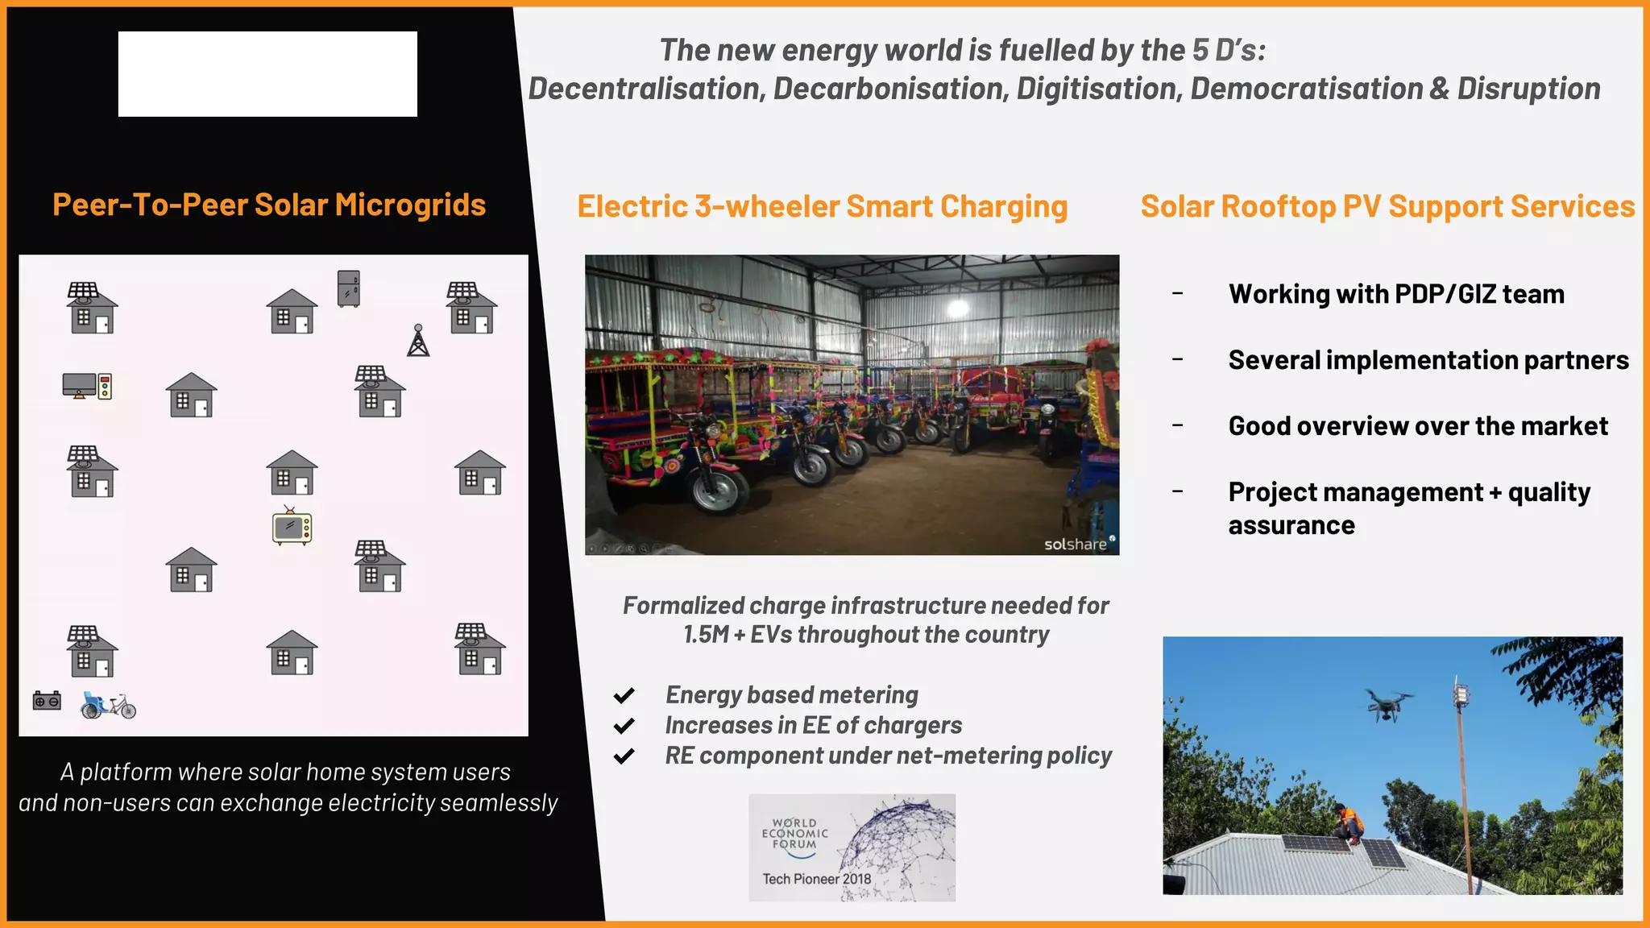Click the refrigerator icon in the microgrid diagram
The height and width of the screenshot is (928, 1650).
coord(348,288)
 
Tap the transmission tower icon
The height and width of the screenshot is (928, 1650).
coord(418,341)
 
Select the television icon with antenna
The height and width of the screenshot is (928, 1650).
coord(292,527)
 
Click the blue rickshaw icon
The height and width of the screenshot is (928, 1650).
coord(108,705)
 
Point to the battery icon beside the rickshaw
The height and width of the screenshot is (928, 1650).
coord(47,700)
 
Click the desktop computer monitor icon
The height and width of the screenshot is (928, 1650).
coord(80,385)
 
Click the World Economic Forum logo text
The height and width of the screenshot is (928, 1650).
coord(794,834)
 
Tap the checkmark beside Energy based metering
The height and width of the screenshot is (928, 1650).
coord(624,695)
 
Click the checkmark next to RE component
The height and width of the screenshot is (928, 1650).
coord(624,756)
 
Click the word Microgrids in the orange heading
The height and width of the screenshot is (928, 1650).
coord(410,205)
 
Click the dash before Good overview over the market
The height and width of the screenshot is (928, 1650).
coord(1178,425)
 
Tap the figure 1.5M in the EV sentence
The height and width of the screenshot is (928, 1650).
coord(706,635)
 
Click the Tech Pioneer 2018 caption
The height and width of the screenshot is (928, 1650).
coord(816,879)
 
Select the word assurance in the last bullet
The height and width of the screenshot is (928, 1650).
coord(1291,525)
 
